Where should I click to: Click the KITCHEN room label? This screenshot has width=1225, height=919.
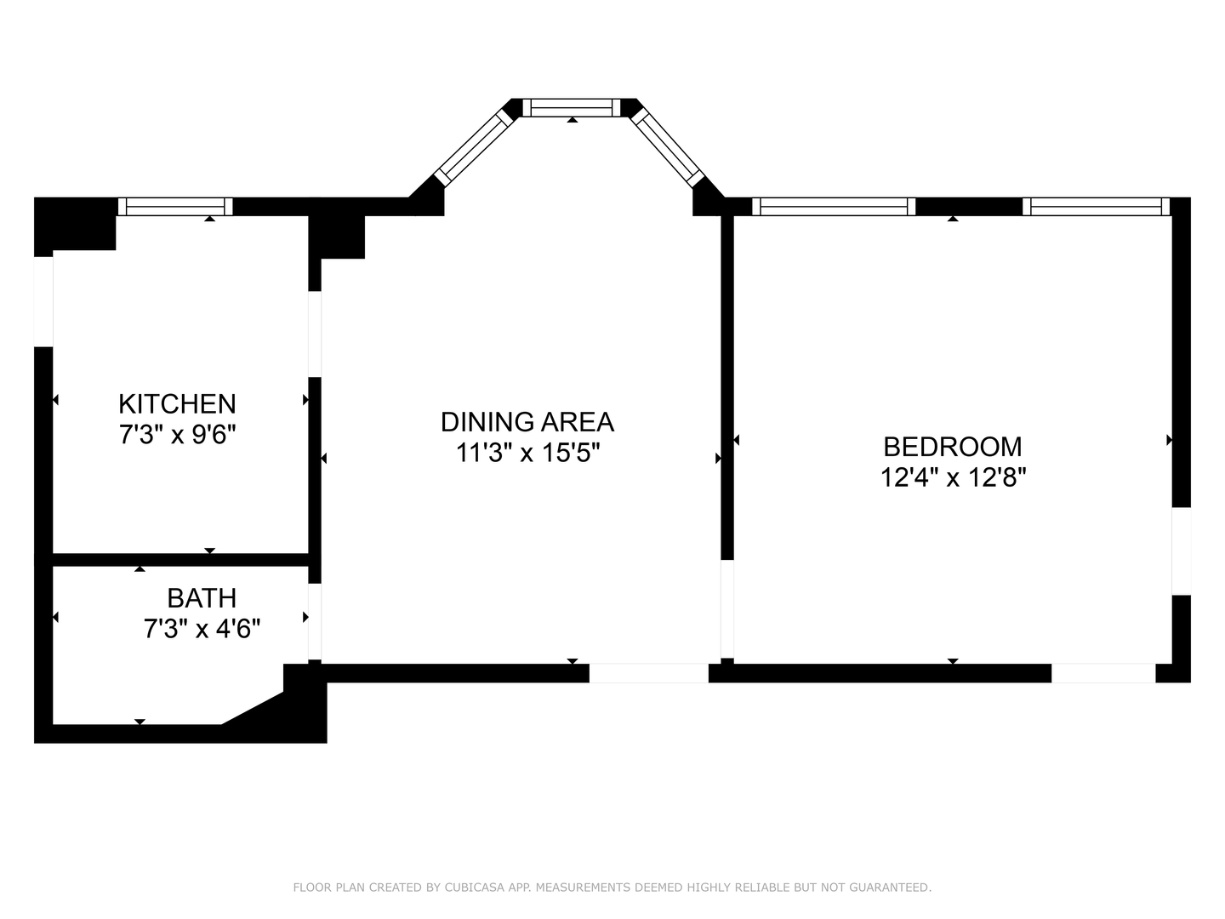point(177,404)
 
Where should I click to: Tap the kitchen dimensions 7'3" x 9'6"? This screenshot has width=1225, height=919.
point(177,434)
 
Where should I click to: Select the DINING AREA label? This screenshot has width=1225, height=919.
point(527,422)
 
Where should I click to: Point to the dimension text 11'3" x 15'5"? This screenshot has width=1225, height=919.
point(527,453)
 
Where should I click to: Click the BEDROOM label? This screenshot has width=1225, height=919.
point(953,447)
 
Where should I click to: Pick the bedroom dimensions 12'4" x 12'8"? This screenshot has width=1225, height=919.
point(953,477)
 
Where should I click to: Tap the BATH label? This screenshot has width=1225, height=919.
point(202,598)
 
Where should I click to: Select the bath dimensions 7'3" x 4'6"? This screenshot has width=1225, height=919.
point(202,629)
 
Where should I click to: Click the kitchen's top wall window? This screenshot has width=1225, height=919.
point(175,207)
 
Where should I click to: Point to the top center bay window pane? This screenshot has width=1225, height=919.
point(572,108)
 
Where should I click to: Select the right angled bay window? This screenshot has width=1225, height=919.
point(667,147)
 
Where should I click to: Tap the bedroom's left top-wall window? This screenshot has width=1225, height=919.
point(834,207)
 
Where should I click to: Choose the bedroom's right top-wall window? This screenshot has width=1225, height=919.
point(1096,207)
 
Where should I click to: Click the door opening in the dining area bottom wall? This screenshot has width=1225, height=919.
point(649,673)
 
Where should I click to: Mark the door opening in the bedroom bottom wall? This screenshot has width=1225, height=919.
point(1103,673)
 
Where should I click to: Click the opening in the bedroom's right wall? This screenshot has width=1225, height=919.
point(1181,551)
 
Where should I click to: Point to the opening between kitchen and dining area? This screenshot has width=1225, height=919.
point(315,334)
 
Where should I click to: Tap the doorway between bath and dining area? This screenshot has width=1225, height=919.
point(315,621)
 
